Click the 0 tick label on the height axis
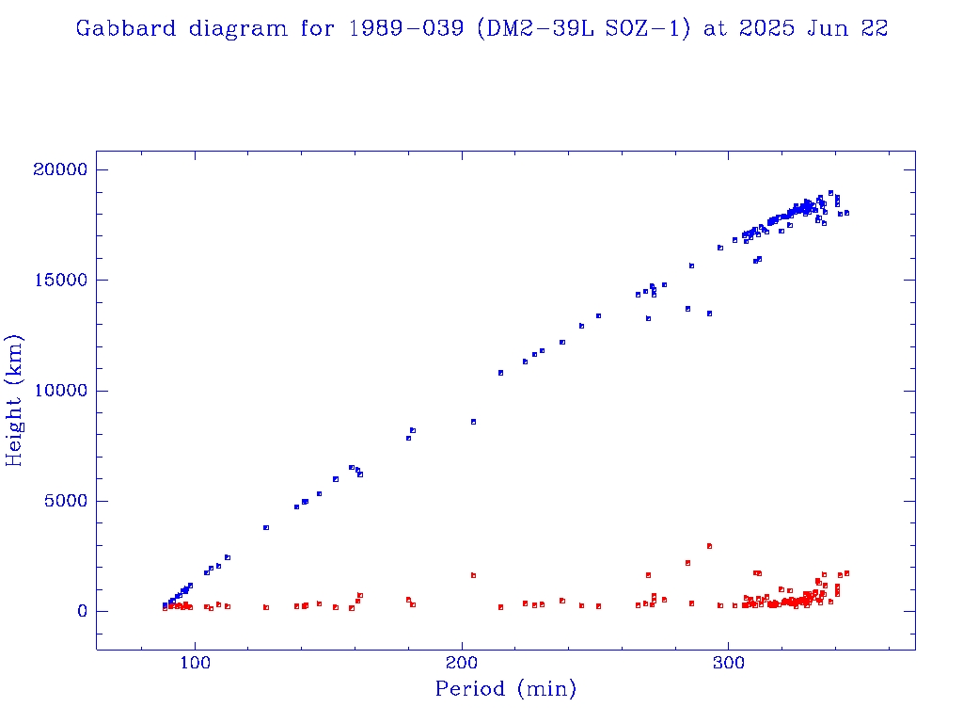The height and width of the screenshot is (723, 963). (80, 611)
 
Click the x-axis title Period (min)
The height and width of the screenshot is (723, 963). (505, 689)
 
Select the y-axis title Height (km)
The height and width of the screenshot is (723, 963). (15, 400)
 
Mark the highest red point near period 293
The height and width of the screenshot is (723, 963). (709, 546)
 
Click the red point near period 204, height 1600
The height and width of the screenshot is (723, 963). (473, 575)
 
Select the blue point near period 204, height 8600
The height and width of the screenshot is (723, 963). (473, 422)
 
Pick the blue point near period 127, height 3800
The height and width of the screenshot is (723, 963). (266, 528)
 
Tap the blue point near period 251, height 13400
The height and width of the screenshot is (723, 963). (598, 315)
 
